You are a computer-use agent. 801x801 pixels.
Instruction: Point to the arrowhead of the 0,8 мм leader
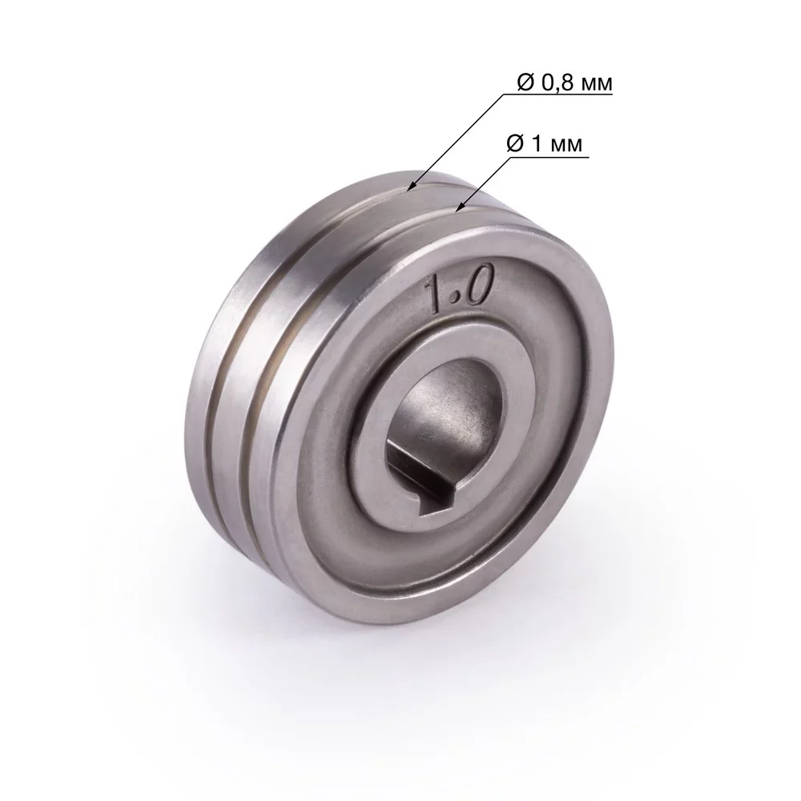409,190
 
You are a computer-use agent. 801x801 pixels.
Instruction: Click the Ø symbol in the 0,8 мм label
517,82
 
